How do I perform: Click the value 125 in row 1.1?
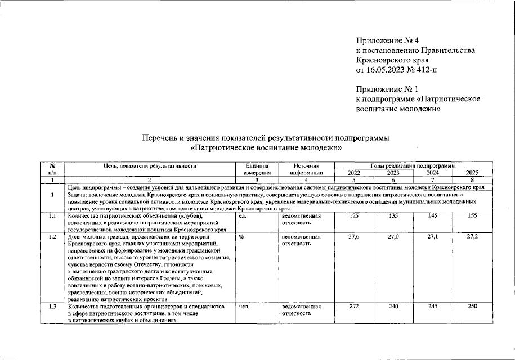354,216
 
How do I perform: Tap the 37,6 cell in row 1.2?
354,237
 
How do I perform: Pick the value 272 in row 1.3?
354,307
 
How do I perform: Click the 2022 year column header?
354,173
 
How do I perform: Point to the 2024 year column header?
433,173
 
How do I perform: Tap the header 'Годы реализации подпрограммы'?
413,166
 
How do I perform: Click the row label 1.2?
52,237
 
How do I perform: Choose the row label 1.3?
52,307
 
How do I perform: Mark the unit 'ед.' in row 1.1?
243,216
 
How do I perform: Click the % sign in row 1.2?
241,237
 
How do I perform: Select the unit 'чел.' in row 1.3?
244,307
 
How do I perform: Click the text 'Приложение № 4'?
388,40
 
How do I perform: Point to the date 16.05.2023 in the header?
386,69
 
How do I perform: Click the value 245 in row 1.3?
433,307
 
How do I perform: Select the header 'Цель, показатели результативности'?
149,166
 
